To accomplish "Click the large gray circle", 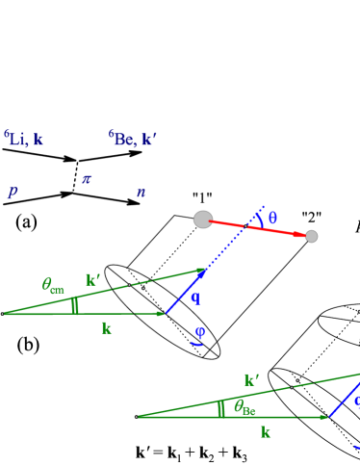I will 203,220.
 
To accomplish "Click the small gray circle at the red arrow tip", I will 311,236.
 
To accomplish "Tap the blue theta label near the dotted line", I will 272,218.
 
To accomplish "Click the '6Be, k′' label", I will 132,140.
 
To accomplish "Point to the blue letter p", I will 13,193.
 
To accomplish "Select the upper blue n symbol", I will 87,179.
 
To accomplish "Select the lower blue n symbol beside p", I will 141,193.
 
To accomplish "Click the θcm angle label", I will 53,285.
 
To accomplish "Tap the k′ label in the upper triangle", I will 93,280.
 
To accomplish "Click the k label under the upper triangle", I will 107,328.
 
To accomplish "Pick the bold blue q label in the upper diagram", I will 195,298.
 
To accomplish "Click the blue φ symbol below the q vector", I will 199,332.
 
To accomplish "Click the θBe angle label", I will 244,407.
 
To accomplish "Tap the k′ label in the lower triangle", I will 251,380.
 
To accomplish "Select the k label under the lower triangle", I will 266,432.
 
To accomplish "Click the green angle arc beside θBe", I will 221,408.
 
